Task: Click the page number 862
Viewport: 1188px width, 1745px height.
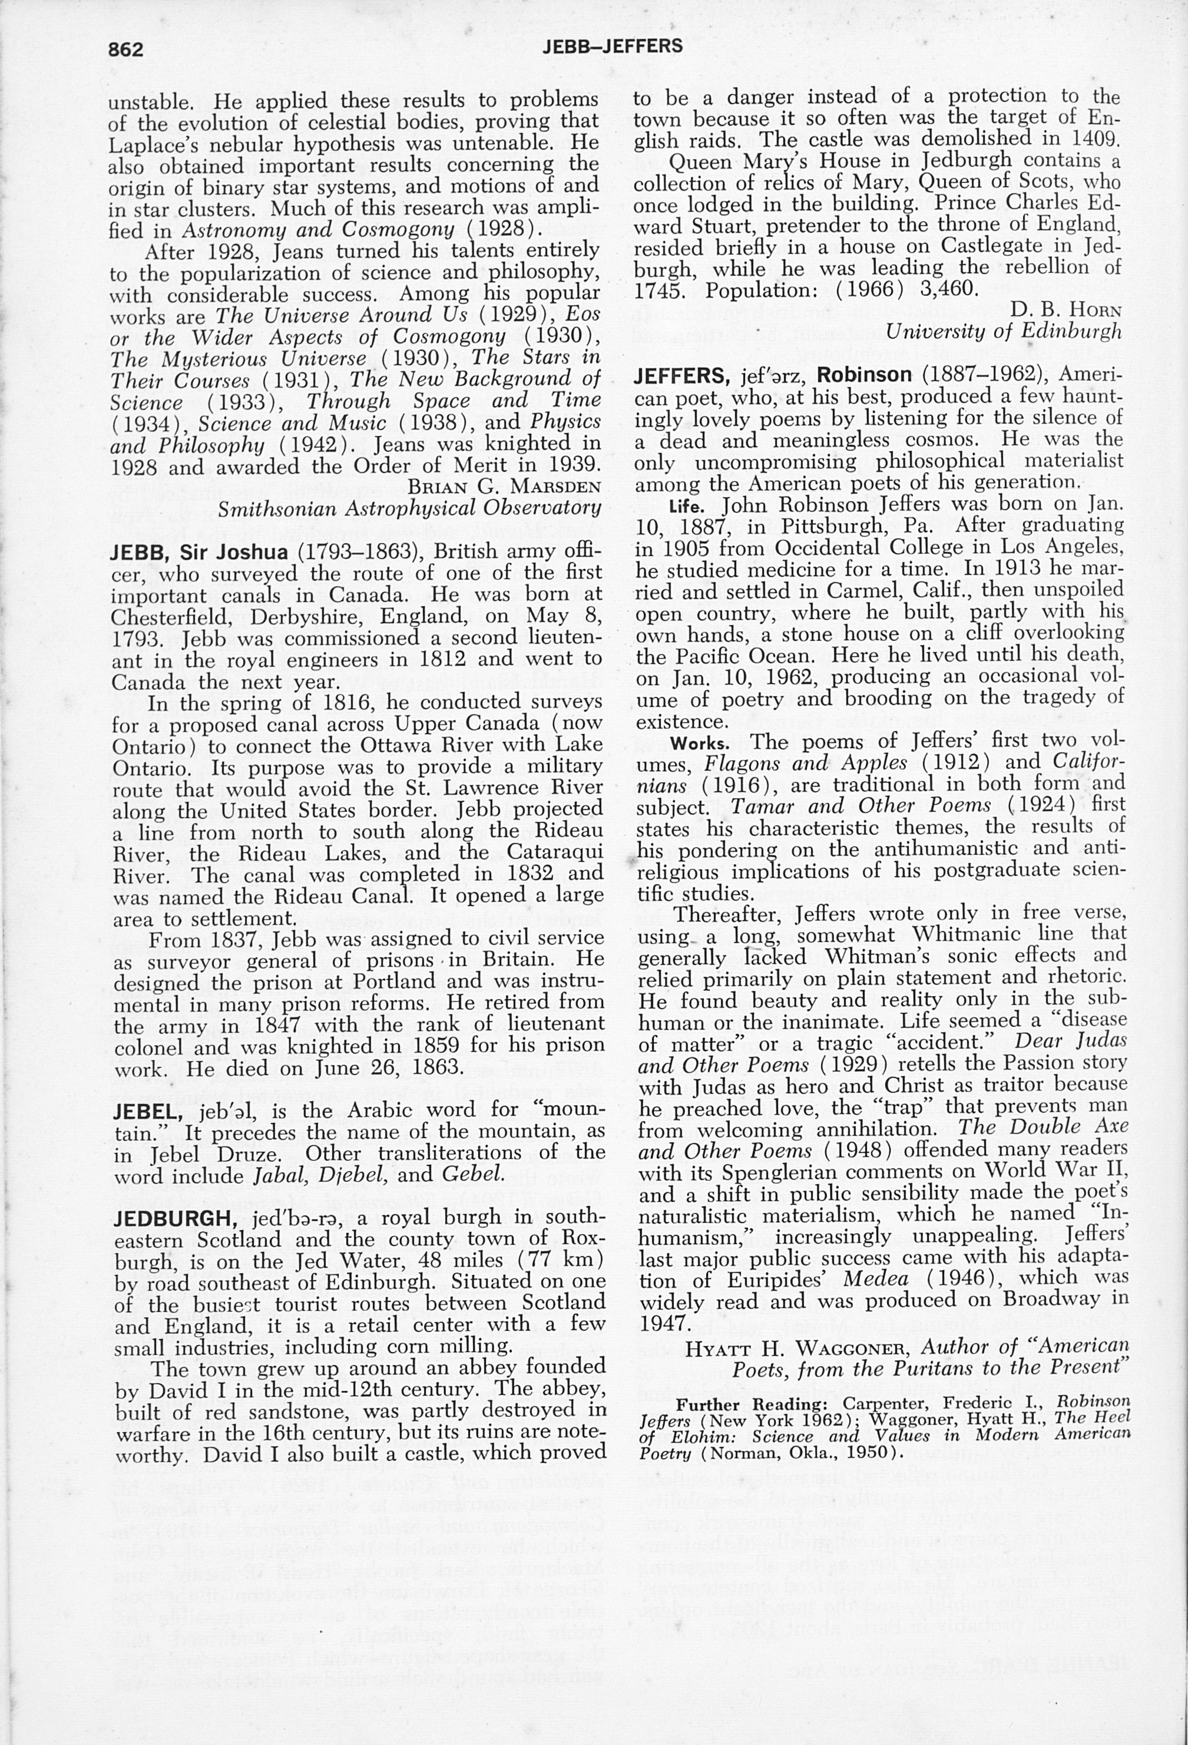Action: coord(125,49)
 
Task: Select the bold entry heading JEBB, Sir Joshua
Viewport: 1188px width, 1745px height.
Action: coord(199,553)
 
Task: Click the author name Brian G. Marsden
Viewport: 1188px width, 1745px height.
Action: coord(504,487)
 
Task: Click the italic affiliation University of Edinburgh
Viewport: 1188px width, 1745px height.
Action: coord(1004,331)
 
